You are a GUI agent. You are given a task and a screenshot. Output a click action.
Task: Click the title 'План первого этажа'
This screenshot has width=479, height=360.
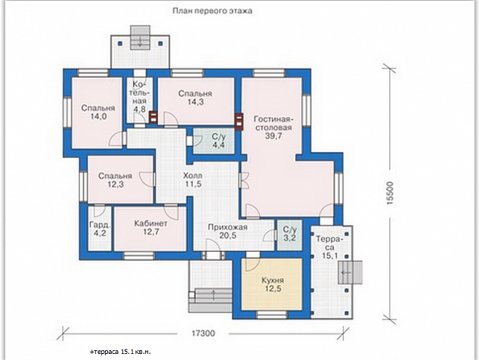[x=212, y=11]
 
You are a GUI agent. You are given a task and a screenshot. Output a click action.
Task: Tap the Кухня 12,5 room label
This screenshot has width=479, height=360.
[x=273, y=285]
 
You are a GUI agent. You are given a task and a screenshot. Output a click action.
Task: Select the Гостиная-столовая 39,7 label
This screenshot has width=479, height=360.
[x=273, y=128]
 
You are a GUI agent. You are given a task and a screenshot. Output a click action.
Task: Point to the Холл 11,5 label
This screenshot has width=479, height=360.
[x=193, y=180]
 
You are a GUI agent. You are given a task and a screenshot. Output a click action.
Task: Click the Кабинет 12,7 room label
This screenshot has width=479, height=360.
[x=150, y=228]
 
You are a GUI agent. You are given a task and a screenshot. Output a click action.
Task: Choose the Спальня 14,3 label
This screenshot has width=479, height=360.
[x=195, y=98]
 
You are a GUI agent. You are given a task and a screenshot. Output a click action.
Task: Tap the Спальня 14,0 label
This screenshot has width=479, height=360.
[x=98, y=112]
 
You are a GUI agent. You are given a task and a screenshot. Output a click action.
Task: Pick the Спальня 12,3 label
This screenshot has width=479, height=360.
[x=115, y=180]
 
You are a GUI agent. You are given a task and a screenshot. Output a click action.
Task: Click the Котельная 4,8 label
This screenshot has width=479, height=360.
[x=140, y=97]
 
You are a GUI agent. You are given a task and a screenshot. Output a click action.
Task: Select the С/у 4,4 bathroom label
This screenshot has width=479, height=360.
[x=218, y=141]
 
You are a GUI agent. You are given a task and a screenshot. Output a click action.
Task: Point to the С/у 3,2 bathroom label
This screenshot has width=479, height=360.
[x=289, y=234]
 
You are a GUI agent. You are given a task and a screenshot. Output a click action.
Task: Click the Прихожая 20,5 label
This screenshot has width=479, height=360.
[x=227, y=231]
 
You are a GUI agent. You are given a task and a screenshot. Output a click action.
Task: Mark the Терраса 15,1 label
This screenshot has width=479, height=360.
[x=329, y=247]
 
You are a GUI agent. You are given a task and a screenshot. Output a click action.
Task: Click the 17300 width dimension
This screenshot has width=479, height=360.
[x=203, y=334]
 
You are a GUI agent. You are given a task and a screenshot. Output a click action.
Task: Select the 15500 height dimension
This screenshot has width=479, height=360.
[x=390, y=193]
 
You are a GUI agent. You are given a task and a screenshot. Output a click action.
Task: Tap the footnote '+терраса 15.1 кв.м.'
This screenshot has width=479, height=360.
[x=120, y=352]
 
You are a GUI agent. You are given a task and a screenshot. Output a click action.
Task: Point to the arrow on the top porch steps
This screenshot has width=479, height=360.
[x=141, y=41]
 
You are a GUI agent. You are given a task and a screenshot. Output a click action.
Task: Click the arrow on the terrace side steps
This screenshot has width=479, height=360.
[x=346, y=272]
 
